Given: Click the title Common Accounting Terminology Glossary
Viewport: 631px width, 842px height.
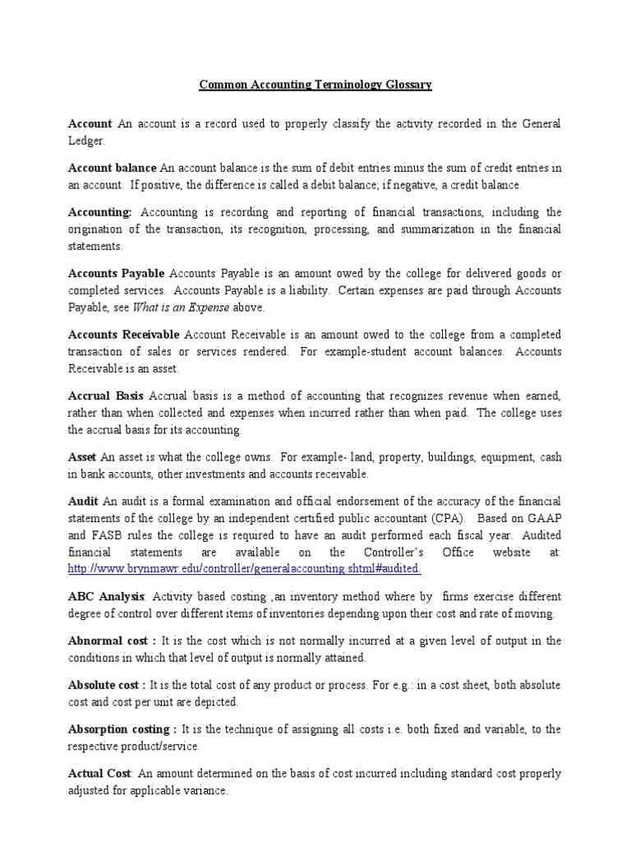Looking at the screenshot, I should pos(315,85).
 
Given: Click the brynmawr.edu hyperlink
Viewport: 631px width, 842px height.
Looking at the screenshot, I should pos(245,568).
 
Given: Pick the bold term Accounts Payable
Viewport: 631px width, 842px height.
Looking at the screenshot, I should pos(117,273).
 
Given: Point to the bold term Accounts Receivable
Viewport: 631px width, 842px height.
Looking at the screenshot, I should pos(124,334).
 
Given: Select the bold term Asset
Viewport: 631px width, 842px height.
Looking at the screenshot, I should pos(81,456).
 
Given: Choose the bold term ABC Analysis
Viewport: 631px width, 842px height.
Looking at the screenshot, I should pos(107,596).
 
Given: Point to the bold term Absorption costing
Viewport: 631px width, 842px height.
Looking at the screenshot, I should pos(122,729).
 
